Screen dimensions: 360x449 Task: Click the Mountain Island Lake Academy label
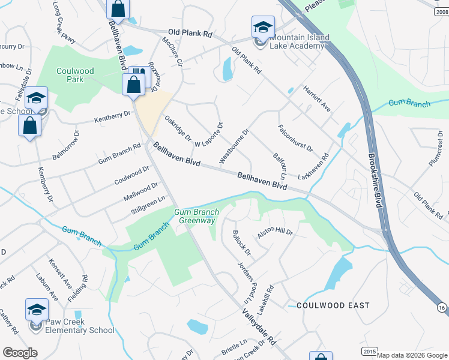[x=298, y=42]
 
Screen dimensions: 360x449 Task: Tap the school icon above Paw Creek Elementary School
[x=37, y=310]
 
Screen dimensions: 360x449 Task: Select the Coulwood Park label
[x=75, y=75]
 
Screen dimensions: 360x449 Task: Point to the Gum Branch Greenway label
[x=194, y=216]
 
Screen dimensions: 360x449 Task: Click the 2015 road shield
[x=369, y=351]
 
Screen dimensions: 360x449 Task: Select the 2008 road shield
[x=441, y=12]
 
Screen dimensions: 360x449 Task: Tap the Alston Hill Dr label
[x=275, y=233]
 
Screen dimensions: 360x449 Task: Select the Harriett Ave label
[x=318, y=97]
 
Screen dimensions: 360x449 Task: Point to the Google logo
[x=20, y=352]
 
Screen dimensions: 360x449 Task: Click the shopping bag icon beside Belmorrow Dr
[x=29, y=126]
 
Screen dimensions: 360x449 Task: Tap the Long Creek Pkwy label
[x=64, y=31]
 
